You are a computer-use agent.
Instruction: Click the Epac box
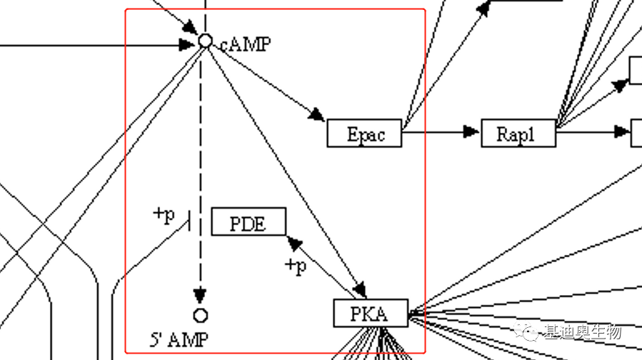364,134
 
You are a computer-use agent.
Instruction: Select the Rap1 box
518,134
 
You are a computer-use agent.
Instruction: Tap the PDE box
249,221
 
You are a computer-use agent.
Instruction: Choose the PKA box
371,313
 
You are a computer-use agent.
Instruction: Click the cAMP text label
245,44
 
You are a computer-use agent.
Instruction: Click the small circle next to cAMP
205,41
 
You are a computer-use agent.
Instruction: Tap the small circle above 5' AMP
201,315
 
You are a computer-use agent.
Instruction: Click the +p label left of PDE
164,214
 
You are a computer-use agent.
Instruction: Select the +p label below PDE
296,266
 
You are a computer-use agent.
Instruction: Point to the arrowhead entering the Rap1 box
471,131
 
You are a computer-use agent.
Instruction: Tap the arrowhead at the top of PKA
360,290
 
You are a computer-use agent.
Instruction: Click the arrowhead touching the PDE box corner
294,243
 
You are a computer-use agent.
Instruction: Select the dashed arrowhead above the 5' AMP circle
201,295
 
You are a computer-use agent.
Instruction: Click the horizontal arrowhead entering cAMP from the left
187,44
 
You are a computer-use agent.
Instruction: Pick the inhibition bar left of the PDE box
189,221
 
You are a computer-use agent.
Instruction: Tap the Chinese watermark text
582,331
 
